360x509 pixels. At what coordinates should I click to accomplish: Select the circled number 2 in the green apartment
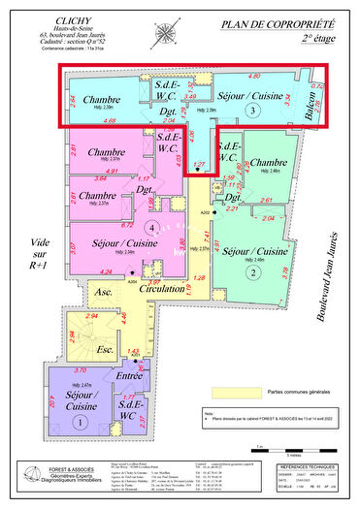tap(253, 272)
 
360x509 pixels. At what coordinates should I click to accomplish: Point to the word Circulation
tap(165, 290)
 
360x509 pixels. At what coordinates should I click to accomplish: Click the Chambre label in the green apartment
tap(261, 163)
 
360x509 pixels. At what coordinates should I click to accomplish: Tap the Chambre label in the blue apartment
tap(100, 100)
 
